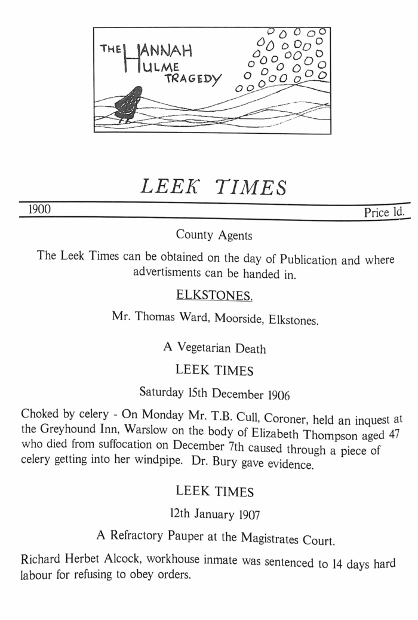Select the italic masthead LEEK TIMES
213,187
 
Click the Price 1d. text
384,213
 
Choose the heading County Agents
214,235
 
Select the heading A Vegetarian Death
214,349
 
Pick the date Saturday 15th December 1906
213,392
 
